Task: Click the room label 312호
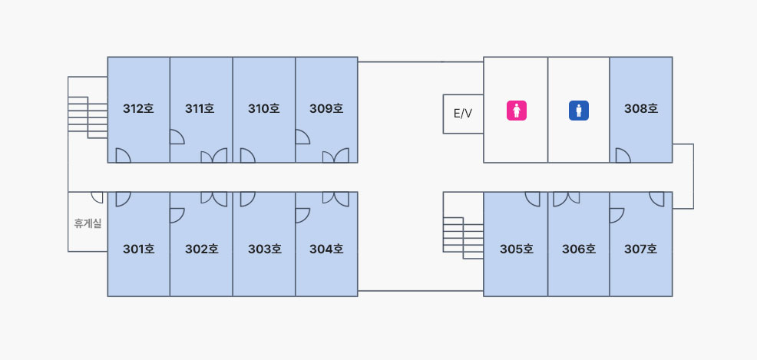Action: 138,109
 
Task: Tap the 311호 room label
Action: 200,109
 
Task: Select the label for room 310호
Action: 263,109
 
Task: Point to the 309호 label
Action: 326,109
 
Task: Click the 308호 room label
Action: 641,109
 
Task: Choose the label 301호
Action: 138,249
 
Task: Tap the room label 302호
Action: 201,249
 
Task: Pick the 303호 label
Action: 264,249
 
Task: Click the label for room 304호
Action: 326,249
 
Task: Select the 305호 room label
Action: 516,249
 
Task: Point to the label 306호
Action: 578,249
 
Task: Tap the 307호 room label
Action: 641,249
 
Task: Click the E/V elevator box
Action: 463,114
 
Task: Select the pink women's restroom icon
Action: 517,111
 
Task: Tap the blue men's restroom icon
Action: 578,111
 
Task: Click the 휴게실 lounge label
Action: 88,224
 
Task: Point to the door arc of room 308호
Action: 622,156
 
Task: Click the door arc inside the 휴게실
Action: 98,197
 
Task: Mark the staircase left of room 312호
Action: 88,117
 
